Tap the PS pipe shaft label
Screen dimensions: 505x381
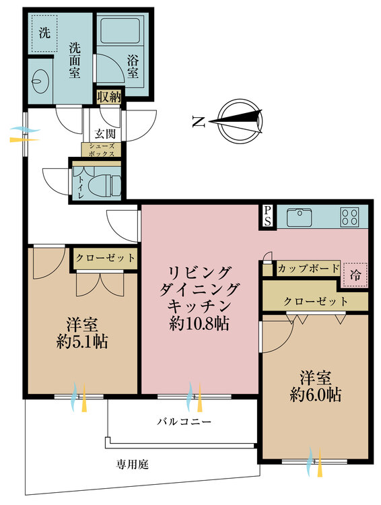268,216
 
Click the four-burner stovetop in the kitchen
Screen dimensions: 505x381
349,217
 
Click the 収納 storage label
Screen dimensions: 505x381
108,96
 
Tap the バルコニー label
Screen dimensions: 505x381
184,422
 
